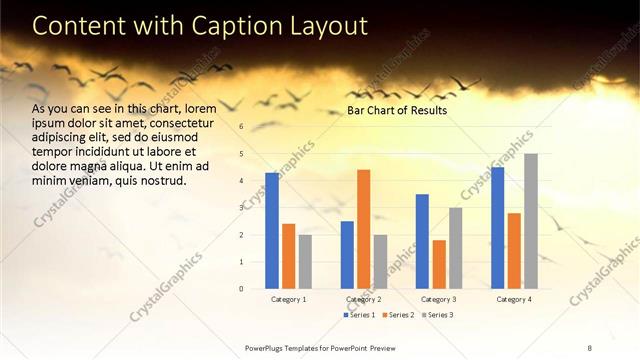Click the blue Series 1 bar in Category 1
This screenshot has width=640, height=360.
point(272,231)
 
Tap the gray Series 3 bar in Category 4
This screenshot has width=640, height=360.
point(531,221)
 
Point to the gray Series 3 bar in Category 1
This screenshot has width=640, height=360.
point(305,262)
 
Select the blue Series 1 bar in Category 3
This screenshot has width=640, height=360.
point(422,241)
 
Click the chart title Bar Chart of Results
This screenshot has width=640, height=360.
point(397,110)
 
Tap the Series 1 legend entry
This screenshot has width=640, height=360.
point(359,315)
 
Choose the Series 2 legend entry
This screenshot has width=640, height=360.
point(397,315)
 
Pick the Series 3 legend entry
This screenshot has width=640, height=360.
point(436,315)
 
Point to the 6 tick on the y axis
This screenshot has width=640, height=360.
point(241,126)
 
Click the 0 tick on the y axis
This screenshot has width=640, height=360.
point(241,289)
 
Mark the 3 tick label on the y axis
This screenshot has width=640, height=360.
point(241,208)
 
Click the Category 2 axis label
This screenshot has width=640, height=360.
point(363,299)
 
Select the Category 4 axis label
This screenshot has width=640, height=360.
point(514,299)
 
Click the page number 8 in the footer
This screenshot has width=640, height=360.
point(589,347)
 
